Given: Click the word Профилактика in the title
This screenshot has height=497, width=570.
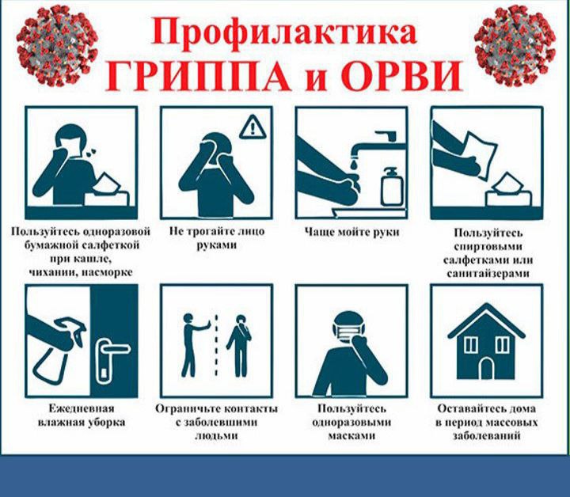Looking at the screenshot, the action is (x=284, y=32).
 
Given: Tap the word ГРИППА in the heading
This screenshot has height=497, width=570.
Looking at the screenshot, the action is (x=198, y=76).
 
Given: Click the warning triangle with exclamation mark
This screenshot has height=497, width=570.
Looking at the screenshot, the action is (x=253, y=127).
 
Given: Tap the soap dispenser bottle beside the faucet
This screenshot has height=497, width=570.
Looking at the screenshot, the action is (x=392, y=186).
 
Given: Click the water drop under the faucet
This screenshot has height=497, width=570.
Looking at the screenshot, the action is (x=354, y=163).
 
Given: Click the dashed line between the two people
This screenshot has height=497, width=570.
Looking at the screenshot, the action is (x=216, y=345).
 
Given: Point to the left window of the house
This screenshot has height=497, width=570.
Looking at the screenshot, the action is (x=471, y=343).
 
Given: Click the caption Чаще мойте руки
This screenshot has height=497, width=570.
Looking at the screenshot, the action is (x=351, y=232).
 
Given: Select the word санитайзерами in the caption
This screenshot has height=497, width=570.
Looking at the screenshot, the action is (x=488, y=273).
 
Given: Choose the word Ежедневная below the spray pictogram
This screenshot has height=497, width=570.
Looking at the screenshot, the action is (x=82, y=408).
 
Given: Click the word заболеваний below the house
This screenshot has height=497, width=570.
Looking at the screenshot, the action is (x=486, y=435).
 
